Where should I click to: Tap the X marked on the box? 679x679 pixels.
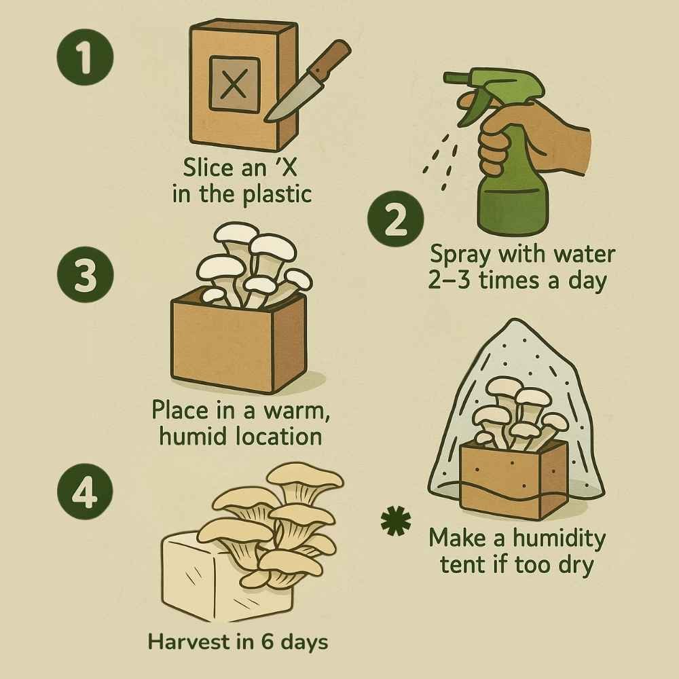coord(234,85)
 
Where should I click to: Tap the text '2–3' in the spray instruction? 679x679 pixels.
coord(449,280)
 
